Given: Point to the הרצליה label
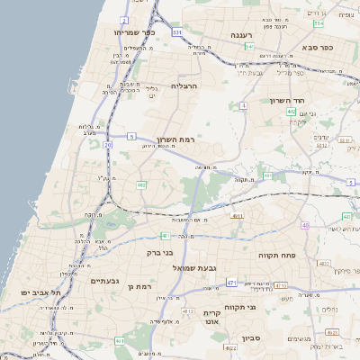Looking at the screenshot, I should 184,86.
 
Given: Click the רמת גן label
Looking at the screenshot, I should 143,286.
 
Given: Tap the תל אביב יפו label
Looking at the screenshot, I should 41,293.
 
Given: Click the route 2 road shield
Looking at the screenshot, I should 124,19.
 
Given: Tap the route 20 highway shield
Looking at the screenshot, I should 108,144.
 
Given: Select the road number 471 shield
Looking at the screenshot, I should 231,283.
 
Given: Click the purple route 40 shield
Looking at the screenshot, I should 305,225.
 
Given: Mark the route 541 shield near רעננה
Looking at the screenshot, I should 248,46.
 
